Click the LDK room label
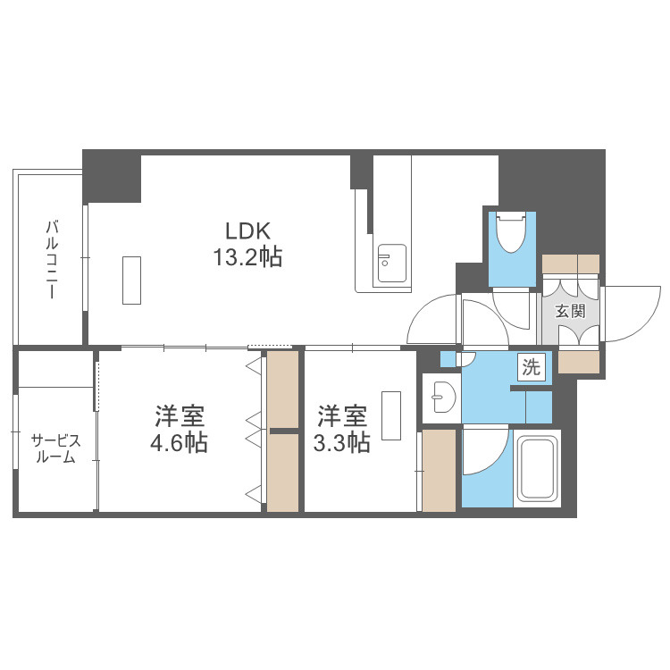[247, 231]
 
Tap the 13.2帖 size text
[247, 257]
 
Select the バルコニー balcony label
[52, 259]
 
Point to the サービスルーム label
[55, 448]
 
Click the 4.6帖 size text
[179, 443]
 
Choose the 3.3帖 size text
[342, 443]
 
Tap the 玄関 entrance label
[570, 311]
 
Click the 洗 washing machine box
[532, 366]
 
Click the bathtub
[537, 468]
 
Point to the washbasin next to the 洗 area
[443, 397]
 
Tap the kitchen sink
[392, 264]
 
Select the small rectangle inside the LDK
[131, 281]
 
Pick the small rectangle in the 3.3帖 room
[391, 415]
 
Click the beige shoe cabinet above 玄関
[571, 264]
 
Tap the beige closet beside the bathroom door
[439, 470]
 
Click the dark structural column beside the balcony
[112, 176]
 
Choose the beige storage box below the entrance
[579, 362]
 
